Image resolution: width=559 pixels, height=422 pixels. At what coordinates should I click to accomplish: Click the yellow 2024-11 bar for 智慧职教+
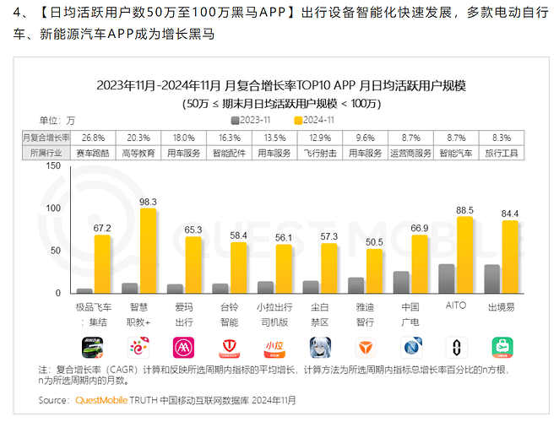148,251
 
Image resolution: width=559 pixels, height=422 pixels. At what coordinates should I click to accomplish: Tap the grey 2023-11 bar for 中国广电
401,282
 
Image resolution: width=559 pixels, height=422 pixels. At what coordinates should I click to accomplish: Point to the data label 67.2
102,228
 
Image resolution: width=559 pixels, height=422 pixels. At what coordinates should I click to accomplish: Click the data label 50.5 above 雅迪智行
374,242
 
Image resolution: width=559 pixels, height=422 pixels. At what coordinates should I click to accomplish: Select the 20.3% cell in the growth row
138,137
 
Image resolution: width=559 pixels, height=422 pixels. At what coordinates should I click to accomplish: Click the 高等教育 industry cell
138,152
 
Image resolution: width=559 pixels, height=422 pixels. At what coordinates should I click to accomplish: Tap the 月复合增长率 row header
46,137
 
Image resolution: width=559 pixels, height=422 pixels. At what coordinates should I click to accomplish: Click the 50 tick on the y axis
57,251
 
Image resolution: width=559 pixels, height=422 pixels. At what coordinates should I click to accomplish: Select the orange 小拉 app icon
275,347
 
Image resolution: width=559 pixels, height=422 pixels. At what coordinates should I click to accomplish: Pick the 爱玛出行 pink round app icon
184,347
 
